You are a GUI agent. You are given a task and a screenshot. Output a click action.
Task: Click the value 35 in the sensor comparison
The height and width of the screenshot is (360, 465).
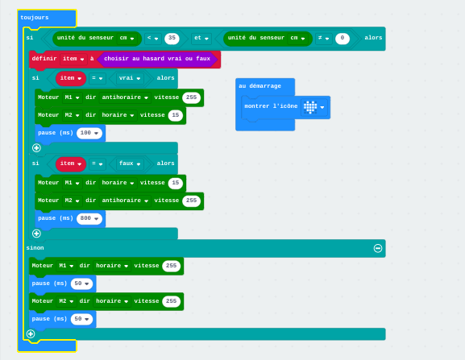(172, 38)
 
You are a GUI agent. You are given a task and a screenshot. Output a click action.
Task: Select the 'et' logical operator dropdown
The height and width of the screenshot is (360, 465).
(201, 38)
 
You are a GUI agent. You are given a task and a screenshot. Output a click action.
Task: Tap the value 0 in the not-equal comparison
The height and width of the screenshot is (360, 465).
(343, 38)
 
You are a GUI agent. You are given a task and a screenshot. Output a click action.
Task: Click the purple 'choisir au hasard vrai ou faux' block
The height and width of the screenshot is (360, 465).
(157, 59)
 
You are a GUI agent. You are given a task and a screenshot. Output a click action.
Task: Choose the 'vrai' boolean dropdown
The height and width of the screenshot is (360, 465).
(129, 78)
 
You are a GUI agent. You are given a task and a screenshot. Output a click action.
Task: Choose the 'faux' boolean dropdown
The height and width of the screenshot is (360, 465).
(129, 163)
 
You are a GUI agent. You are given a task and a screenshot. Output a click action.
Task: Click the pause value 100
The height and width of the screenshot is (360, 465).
(89, 133)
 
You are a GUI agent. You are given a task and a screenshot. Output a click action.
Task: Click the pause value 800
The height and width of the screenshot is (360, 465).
(89, 218)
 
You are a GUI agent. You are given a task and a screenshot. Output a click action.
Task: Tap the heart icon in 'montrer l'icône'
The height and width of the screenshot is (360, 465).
(310, 107)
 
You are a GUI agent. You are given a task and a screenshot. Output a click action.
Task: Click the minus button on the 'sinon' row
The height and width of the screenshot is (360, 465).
(378, 248)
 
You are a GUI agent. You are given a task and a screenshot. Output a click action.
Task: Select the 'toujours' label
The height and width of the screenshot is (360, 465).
(35, 18)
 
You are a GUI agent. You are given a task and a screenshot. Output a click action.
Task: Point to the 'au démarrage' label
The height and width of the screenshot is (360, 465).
(259, 86)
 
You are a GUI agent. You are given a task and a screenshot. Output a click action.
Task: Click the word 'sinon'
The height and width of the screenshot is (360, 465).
(35, 248)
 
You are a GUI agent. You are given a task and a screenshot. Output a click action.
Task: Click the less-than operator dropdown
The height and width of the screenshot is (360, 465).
(153, 38)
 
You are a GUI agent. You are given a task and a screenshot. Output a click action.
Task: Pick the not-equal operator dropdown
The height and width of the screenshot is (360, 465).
(323, 38)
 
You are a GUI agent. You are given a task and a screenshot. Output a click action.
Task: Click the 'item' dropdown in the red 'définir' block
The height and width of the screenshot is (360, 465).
(73, 59)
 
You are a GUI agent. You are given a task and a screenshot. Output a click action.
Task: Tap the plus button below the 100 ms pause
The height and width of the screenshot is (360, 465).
(36, 148)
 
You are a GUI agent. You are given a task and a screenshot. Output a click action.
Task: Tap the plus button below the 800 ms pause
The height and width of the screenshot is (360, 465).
(36, 234)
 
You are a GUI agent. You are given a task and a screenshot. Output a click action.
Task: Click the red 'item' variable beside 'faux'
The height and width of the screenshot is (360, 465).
(71, 163)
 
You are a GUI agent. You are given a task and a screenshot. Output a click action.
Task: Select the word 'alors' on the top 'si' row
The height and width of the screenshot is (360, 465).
(373, 38)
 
